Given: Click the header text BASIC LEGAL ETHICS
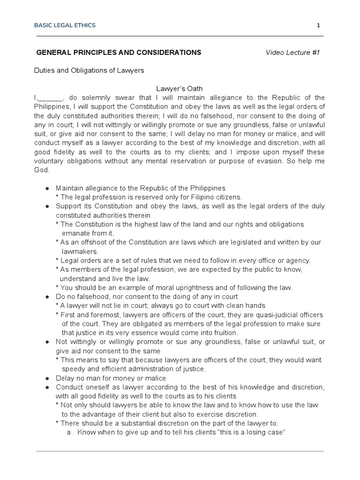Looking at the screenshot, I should pyautogui.click(x=66, y=25).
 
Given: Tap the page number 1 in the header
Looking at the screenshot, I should pyautogui.click(x=318, y=25).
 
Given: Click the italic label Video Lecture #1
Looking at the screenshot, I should pyautogui.click(x=292, y=52).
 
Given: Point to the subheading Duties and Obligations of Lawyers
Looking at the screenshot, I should pyautogui.click(x=89, y=70).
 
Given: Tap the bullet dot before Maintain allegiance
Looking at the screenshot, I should pyautogui.click(x=47, y=188).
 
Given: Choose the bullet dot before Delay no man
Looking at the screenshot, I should pyautogui.click(x=47, y=378).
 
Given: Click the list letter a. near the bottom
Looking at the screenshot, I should pyautogui.click(x=70, y=432).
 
